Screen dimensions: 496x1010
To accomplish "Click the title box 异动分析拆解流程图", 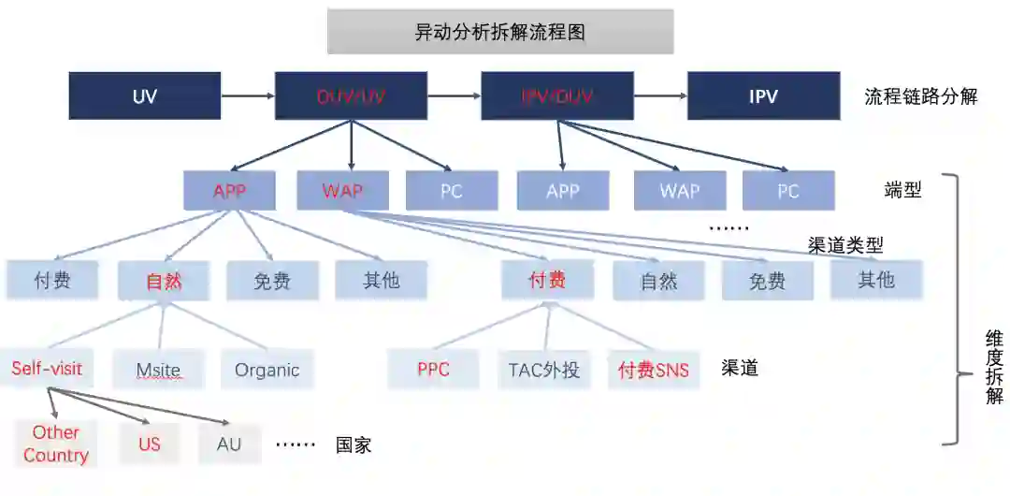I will [499, 32].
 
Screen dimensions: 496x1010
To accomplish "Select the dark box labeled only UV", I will [144, 96].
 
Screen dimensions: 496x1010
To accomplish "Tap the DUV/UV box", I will [351, 96].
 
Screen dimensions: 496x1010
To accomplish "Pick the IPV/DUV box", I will [556, 96].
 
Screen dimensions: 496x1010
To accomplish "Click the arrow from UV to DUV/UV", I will [247, 96].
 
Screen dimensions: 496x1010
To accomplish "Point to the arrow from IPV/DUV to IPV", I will [659, 96].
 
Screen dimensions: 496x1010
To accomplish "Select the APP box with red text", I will [229, 192].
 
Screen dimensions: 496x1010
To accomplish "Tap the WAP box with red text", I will [342, 192].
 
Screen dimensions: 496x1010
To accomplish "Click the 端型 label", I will [902, 191].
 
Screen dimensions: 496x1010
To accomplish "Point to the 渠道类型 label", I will [845, 245].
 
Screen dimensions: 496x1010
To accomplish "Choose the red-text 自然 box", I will [164, 281].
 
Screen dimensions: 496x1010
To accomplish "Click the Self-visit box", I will [47, 369].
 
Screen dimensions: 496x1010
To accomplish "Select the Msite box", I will [158, 370].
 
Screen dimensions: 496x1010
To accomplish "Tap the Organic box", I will [267, 370].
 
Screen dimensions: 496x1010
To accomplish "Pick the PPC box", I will [433, 370].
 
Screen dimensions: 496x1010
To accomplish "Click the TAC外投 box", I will [543, 370].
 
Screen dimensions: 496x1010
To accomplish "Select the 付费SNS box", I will [653, 370].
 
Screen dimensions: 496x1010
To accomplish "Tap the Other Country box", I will [56, 444].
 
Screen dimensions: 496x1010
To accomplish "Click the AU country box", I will [229, 444].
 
